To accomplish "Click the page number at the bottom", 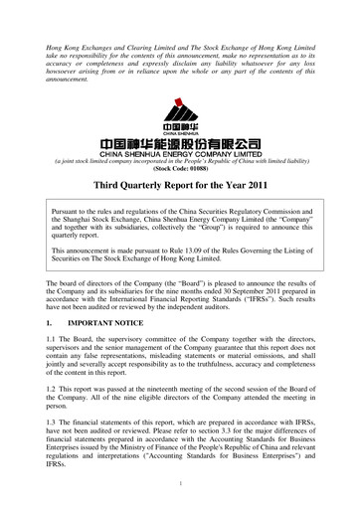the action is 180,483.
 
